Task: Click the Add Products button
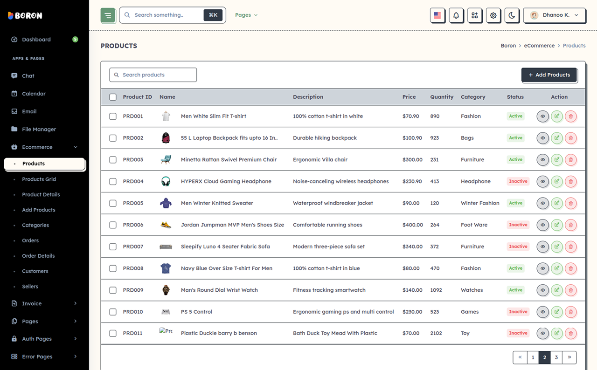tap(549, 75)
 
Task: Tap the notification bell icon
tap(456, 15)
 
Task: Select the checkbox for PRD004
tap(113, 182)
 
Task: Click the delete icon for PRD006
tap(570, 225)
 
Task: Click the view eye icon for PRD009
tap(542, 290)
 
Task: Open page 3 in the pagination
tap(556, 357)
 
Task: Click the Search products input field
tap(153, 75)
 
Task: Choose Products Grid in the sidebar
tap(39, 179)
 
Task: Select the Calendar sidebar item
tap(34, 94)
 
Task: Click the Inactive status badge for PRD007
tap(518, 247)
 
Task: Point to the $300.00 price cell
tap(412, 160)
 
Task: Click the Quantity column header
tap(442, 97)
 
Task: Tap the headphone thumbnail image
tap(166, 182)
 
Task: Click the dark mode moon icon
tap(512, 15)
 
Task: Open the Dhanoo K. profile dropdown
tap(555, 15)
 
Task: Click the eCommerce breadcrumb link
tap(539, 46)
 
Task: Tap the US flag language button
tap(437, 15)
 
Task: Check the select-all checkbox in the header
tap(113, 97)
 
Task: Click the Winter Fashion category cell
tap(480, 203)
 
